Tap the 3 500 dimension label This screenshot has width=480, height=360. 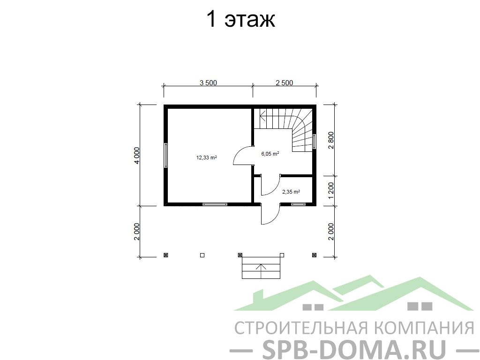click(x=208, y=82)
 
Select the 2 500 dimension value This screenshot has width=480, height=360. click(x=285, y=82)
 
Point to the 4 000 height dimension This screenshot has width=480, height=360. click(x=136, y=156)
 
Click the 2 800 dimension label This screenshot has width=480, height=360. click(x=331, y=140)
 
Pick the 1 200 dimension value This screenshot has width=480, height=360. click(x=331, y=191)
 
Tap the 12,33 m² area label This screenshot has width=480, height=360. click(x=207, y=157)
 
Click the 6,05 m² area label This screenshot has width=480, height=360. click(x=270, y=154)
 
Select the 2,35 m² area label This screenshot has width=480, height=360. click(x=291, y=192)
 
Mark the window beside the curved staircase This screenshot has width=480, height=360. click(x=314, y=142)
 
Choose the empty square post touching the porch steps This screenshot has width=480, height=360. click(x=282, y=255)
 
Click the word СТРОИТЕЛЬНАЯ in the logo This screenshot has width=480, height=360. click(x=301, y=328)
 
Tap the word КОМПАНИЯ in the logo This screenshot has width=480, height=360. click(x=425, y=328)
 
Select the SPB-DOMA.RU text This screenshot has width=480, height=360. click(x=354, y=349)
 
